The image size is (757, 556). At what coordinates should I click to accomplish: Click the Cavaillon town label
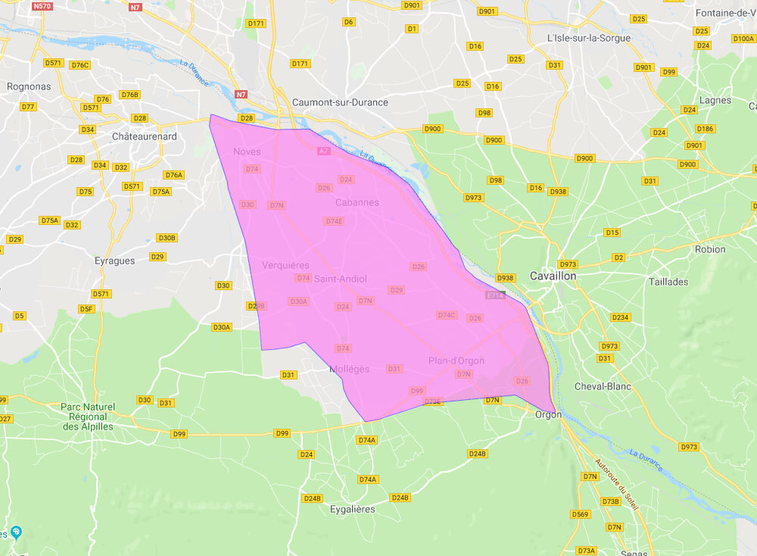click(x=553, y=276)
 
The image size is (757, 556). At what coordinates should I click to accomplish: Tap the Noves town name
click(x=247, y=151)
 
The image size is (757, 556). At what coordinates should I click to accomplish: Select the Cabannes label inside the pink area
click(x=357, y=202)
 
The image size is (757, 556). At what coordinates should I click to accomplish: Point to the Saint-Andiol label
click(x=341, y=279)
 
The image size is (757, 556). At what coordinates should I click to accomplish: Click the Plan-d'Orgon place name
click(x=456, y=361)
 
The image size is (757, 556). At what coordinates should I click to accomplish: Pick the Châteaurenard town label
click(x=144, y=136)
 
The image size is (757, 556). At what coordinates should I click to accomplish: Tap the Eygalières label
click(x=352, y=509)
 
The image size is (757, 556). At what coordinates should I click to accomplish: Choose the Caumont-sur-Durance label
click(x=340, y=102)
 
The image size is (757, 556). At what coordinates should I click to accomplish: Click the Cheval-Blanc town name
click(x=603, y=386)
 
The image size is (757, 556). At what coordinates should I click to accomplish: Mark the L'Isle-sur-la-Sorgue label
click(x=588, y=38)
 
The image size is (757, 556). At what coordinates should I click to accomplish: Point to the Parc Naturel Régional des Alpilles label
click(x=87, y=417)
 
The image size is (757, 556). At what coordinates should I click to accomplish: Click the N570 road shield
click(x=42, y=6)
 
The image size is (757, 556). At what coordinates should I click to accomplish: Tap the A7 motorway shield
click(x=323, y=151)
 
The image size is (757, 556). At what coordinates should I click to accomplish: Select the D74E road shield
click(x=334, y=221)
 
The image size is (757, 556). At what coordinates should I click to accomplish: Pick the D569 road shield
click(x=581, y=514)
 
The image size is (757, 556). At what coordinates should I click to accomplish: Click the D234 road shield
click(x=620, y=317)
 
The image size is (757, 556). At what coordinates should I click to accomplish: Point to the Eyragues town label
click(x=116, y=261)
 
